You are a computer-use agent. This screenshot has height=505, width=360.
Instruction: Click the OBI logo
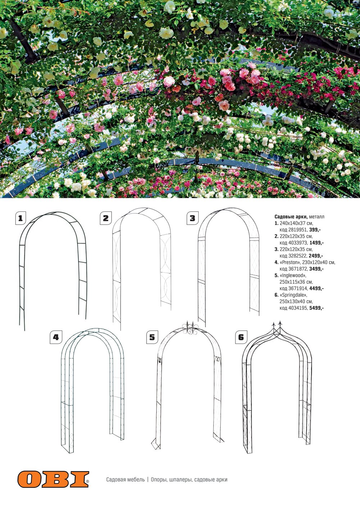pos(53,479)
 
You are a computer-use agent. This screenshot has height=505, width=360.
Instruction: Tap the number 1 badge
pos(21,218)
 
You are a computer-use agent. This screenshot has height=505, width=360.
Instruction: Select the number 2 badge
pos(105,218)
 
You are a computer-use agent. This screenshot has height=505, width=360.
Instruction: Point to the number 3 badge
pos(192,218)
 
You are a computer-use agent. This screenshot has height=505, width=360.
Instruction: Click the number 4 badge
pos(55,337)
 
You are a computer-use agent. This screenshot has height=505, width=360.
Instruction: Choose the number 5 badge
pos(152,337)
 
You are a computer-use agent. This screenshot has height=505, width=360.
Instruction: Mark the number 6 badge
pos(241,337)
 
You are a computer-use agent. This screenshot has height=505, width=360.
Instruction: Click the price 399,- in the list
pos(315,229)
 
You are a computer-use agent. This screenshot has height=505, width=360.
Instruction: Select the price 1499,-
pos(316,243)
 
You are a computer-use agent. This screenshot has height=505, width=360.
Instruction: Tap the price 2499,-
pos(316,256)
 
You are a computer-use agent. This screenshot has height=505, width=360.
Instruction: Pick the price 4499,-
pos(316,288)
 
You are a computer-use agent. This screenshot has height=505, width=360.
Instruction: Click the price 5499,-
pos(316,308)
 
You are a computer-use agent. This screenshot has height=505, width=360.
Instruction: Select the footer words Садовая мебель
pos(125,479)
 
